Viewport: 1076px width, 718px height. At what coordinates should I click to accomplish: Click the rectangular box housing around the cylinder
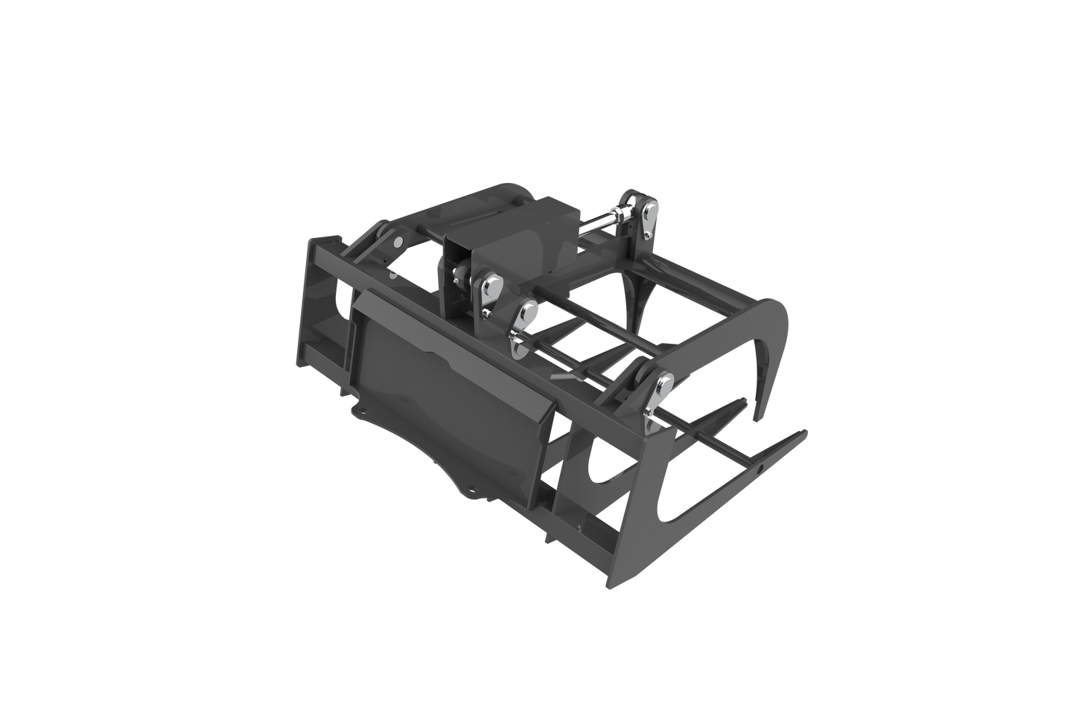click(x=514, y=238)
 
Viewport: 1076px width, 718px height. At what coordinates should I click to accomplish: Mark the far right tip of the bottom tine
click(x=807, y=430)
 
